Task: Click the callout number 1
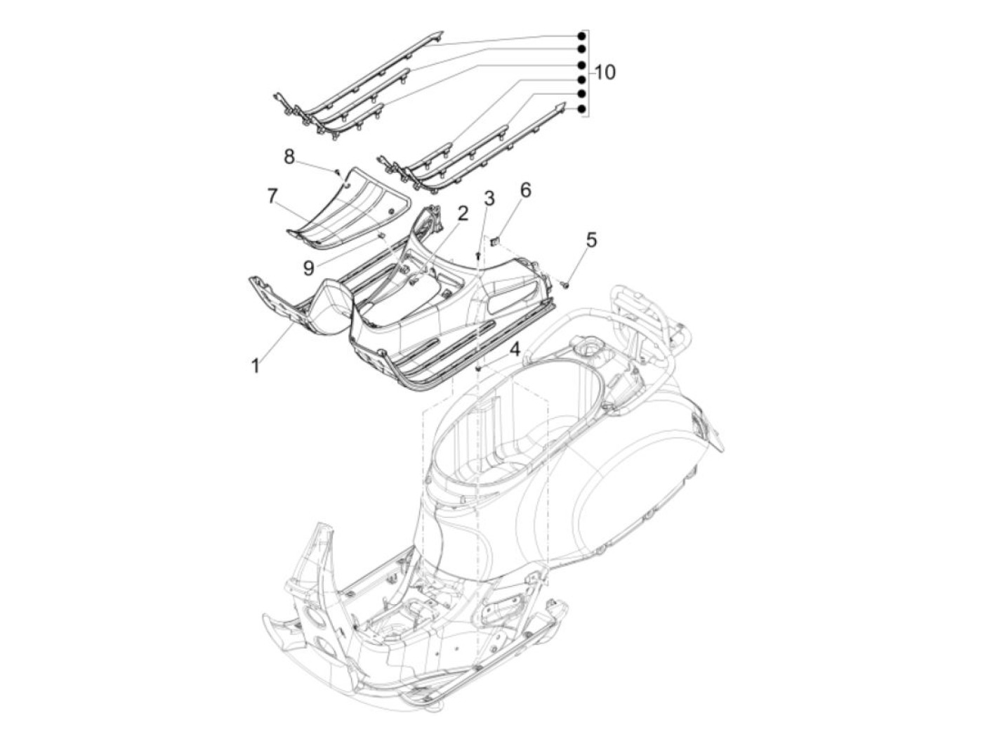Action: [256, 365]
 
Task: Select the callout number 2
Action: [463, 214]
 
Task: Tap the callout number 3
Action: [489, 198]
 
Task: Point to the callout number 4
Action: [515, 349]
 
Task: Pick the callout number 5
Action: [591, 240]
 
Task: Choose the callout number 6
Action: [525, 190]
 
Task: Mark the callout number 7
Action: [272, 196]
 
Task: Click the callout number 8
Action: [289, 157]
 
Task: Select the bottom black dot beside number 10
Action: [581, 109]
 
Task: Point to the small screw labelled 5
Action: [564, 283]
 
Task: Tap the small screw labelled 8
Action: [337, 171]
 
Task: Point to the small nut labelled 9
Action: [381, 236]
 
